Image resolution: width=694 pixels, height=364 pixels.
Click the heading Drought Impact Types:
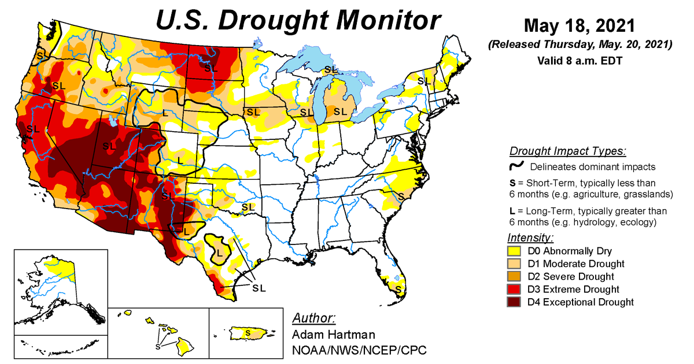pos(567,152)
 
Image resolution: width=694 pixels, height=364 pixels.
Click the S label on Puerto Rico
pos(248,333)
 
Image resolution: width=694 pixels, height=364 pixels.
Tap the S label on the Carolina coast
pos(400,196)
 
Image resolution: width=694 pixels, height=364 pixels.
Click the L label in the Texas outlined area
pos(220,252)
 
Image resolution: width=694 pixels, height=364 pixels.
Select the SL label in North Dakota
pos(211,68)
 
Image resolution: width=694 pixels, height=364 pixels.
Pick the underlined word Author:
pos(313,319)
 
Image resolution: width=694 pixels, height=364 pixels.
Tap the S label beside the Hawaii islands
pos(157,347)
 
